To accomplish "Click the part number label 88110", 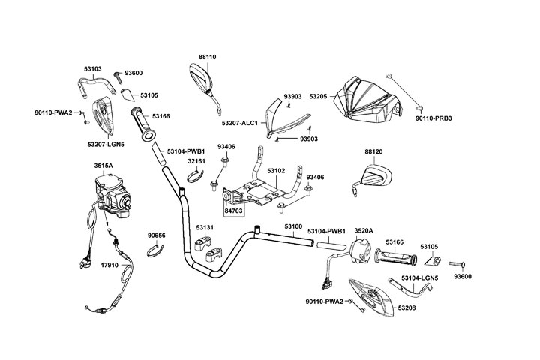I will [207, 56].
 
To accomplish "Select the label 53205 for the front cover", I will [318, 97].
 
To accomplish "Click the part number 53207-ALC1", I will [240, 123].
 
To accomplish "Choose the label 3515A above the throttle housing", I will [103, 165].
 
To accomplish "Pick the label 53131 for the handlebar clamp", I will [205, 227].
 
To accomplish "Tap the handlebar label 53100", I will [293, 226].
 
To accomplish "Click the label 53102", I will [276, 171].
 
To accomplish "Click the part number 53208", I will [408, 307].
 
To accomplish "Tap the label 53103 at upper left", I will [92, 68].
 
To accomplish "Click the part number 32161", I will [196, 161].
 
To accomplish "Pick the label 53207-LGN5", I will [106, 142].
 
